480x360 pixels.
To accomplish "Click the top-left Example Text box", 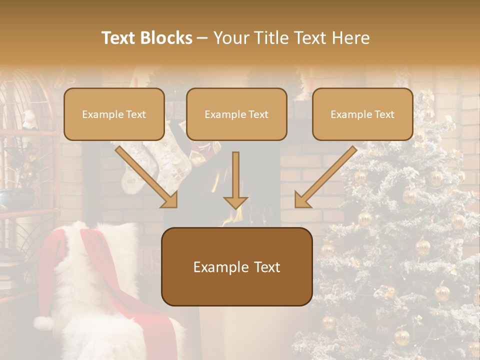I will pyautogui.click(x=114, y=114).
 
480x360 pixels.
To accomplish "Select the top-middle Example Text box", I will pyautogui.click(x=236, y=114).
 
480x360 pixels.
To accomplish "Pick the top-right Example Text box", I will pyautogui.click(x=362, y=114).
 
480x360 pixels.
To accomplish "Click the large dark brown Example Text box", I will pyautogui.click(x=236, y=266).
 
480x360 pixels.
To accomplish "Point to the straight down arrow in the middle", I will pyautogui.click(x=235, y=180).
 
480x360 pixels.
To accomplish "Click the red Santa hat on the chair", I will pyautogui.click(x=50, y=260).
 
